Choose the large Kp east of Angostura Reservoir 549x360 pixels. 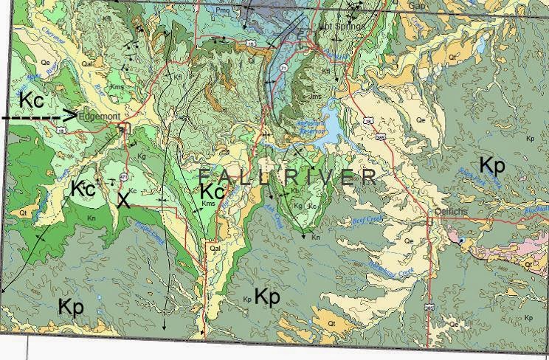[492, 165]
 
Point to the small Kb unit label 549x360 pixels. [294, 190]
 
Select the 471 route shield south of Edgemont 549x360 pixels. [122, 177]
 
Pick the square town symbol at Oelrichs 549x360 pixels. [430, 219]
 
